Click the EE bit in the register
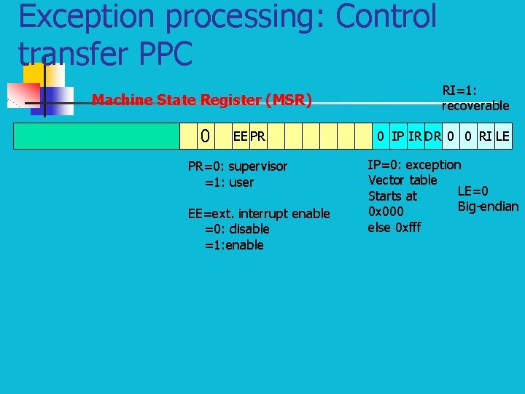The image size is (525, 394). pyautogui.click(x=240, y=136)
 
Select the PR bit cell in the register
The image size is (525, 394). pyautogui.click(x=257, y=136)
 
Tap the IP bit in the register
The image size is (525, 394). pyautogui.click(x=397, y=136)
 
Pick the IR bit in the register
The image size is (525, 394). pyautogui.click(x=415, y=136)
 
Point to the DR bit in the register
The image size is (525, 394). pyautogui.click(x=433, y=136)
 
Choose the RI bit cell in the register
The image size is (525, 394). pyautogui.click(x=485, y=136)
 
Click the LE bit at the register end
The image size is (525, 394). pyautogui.click(x=502, y=136)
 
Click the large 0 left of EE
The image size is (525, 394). pyautogui.click(x=206, y=136)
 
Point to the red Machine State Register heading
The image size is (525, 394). pyautogui.click(x=201, y=100)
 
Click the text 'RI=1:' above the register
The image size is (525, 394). pyautogui.click(x=459, y=90)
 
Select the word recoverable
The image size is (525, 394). pyautogui.click(x=475, y=106)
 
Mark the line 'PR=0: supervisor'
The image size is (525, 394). pyautogui.click(x=238, y=166)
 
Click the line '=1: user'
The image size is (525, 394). pyautogui.click(x=229, y=182)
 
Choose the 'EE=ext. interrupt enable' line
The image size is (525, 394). pyautogui.click(x=259, y=213)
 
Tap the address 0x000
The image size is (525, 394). pyautogui.click(x=386, y=212)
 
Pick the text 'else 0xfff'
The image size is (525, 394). pyautogui.click(x=394, y=227)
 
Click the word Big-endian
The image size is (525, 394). pyautogui.click(x=488, y=206)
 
